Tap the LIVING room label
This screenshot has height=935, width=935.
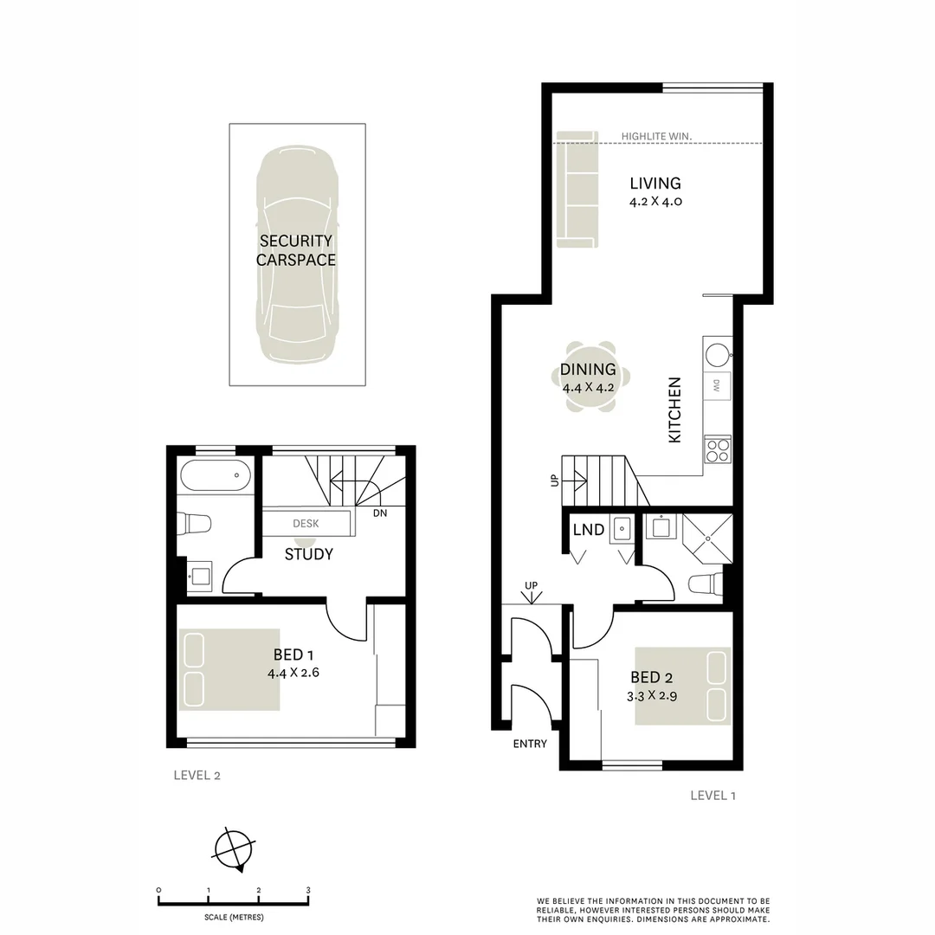click(654, 184)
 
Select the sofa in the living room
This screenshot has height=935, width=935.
click(577, 188)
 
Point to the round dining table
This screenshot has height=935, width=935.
click(589, 377)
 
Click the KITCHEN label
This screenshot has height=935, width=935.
click(675, 409)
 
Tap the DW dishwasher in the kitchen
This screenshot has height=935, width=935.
click(718, 384)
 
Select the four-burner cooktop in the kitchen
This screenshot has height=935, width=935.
click(717, 449)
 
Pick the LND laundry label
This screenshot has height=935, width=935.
click(588, 530)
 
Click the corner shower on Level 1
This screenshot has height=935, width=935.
click(707, 538)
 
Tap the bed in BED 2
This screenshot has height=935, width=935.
click(682, 686)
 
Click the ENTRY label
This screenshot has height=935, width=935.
click(530, 744)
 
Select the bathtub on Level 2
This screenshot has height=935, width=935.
click(216, 475)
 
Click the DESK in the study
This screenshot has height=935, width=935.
click(306, 524)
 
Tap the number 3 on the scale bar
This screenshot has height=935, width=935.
click(308, 890)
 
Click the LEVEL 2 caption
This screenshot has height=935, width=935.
click(197, 776)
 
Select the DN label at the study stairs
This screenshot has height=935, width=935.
click(380, 513)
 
